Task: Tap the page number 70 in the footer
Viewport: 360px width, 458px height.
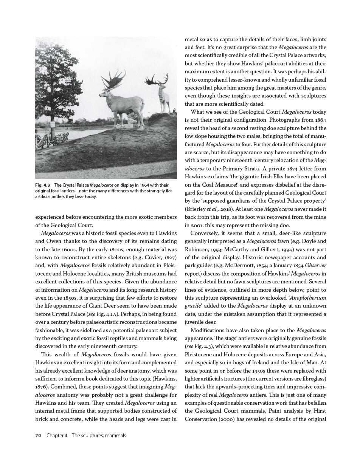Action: coord(38,435)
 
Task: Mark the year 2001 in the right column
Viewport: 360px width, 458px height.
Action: coord(192,225)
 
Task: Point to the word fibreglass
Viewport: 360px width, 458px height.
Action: coord(310,379)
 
